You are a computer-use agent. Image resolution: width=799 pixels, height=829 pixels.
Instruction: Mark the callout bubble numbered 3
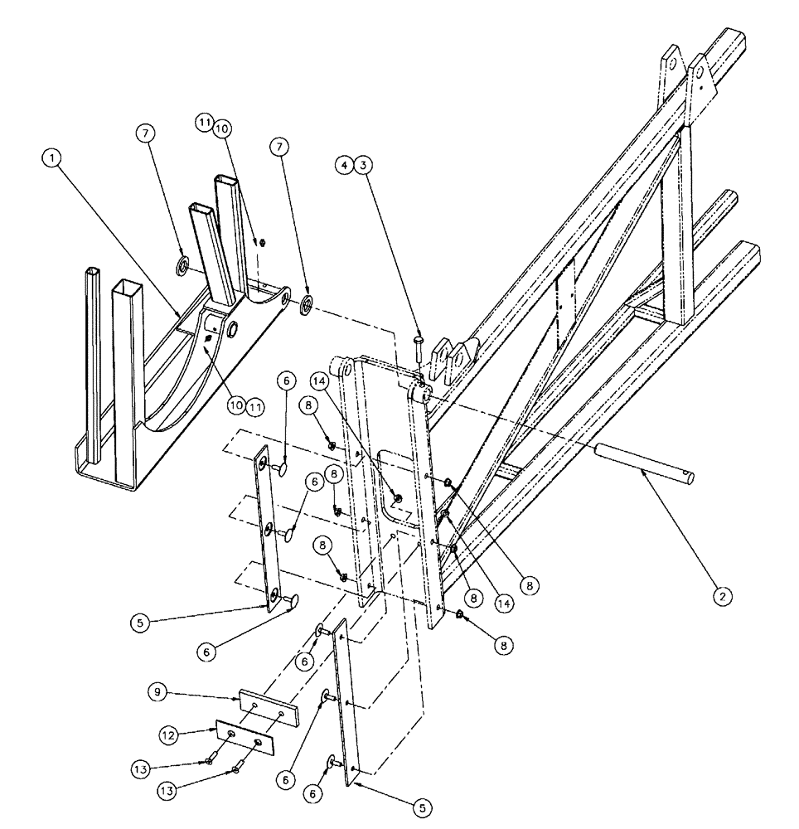(362, 165)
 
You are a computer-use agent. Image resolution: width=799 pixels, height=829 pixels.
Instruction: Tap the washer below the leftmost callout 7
(182, 266)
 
